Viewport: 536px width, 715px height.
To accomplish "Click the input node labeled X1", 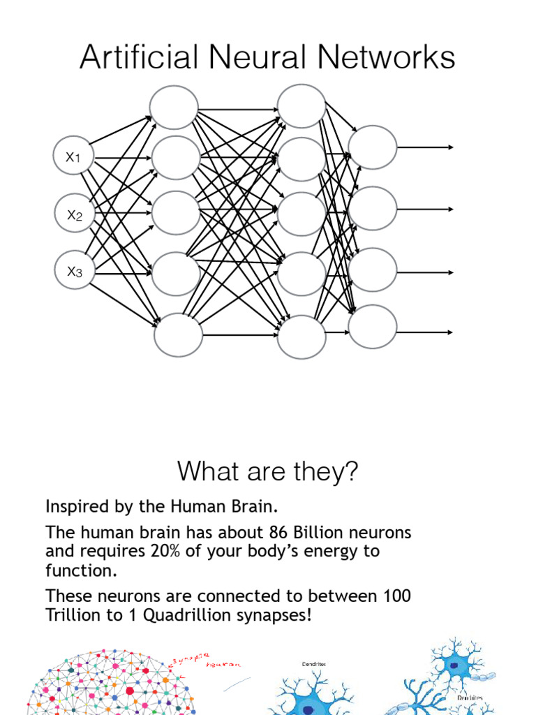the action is (73, 157).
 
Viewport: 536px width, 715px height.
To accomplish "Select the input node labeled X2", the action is (74, 214).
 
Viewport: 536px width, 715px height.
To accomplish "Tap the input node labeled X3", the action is (74, 271).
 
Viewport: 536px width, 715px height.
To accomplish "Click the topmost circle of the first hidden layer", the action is (174, 107).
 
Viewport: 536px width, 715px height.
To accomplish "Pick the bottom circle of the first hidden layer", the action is (178, 335).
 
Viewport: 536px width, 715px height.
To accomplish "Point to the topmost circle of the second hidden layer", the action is (301, 106).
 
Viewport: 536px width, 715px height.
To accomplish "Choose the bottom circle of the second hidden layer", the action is (301, 337).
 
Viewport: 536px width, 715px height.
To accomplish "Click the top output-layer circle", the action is (373, 147).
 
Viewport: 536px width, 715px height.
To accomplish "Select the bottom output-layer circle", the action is (373, 326).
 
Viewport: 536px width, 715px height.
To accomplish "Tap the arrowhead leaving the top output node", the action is (451, 147).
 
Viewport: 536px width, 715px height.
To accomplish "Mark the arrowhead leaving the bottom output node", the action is (451, 332).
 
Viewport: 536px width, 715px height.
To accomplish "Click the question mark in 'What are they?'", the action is (351, 472).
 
